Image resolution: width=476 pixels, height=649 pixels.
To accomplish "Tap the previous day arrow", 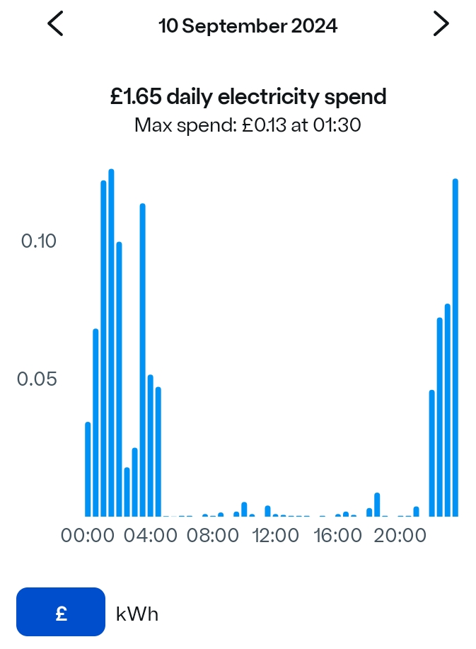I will [x=55, y=24].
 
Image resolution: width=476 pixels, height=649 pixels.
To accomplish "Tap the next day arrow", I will [x=441, y=24].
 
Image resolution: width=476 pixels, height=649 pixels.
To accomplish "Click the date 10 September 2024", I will [x=248, y=26].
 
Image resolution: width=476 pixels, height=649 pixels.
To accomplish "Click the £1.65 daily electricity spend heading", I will [x=248, y=96].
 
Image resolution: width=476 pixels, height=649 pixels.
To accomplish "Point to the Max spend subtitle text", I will [x=248, y=126].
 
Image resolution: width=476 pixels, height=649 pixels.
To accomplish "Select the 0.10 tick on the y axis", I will [x=38, y=241].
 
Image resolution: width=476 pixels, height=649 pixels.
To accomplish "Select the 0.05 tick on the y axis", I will [x=37, y=379].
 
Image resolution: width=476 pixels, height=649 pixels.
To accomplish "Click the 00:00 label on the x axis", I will [x=88, y=536].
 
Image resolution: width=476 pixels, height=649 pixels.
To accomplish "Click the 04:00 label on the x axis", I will [x=151, y=536].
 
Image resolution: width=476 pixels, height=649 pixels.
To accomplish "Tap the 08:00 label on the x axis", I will [x=213, y=536].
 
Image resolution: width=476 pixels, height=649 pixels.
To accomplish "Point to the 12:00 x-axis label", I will [x=275, y=536].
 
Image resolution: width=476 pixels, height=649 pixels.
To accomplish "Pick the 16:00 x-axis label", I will [x=337, y=536].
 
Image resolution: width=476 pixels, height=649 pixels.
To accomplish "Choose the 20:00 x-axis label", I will [x=400, y=536].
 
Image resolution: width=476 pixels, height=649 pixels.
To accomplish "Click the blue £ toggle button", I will [x=61, y=613].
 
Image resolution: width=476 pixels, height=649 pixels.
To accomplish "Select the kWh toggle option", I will [x=137, y=614].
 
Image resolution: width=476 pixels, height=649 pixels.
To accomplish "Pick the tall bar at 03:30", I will [x=142, y=360].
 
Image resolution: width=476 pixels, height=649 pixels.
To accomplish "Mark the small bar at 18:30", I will [x=377, y=505].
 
